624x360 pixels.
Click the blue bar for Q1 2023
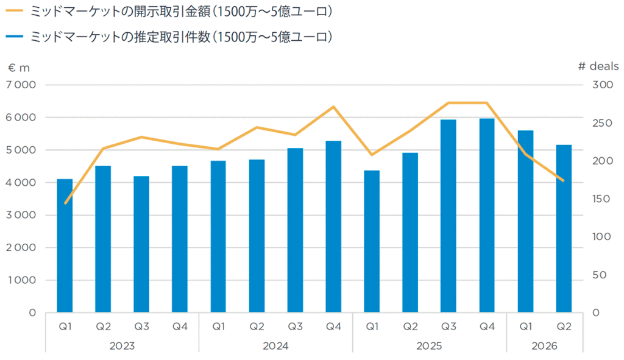(x=65, y=245)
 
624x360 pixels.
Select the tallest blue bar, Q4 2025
(x=487, y=215)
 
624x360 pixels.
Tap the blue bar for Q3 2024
(x=295, y=230)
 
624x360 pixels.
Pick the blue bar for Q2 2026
(x=564, y=228)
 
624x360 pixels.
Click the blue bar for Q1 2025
(x=372, y=241)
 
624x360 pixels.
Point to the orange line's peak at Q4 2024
(x=333, y=107)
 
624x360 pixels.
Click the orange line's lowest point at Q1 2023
(x=65, y=203)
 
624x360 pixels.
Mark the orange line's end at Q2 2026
(x=564, y=181)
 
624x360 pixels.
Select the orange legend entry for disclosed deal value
(x=169, y=12)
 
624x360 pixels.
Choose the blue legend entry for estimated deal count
(x=169, y=37)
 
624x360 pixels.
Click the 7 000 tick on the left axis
(x=21, y=85)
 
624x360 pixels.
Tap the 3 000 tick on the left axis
(x=21, y=215)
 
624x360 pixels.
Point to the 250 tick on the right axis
(x=602, y=123)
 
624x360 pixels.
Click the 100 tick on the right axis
(x=602, y=237)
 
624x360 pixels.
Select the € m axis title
(x=19, y=68)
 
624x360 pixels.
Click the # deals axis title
(x=598, y=66)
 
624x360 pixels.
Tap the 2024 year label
(x=275, y=346)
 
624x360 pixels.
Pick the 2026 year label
(x=544, y=346)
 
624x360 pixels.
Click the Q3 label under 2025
(x=448, y=326)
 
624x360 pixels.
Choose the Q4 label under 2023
(x=180, y=326)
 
